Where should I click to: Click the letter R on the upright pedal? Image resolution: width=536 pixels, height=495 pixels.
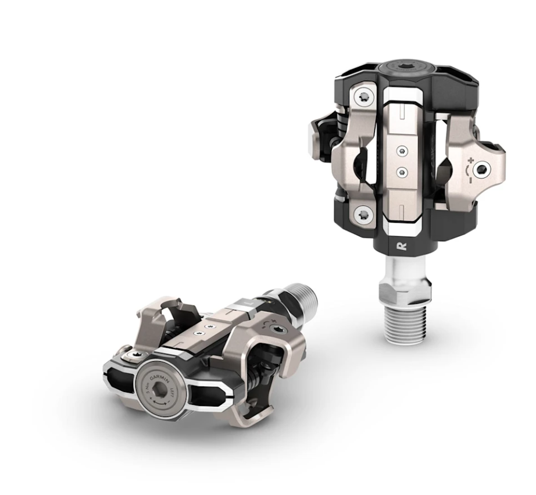tap(401, 245)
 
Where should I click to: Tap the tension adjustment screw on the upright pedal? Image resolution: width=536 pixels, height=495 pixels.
tap(481, 169)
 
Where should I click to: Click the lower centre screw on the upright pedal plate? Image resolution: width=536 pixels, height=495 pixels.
tap(401, 172)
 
